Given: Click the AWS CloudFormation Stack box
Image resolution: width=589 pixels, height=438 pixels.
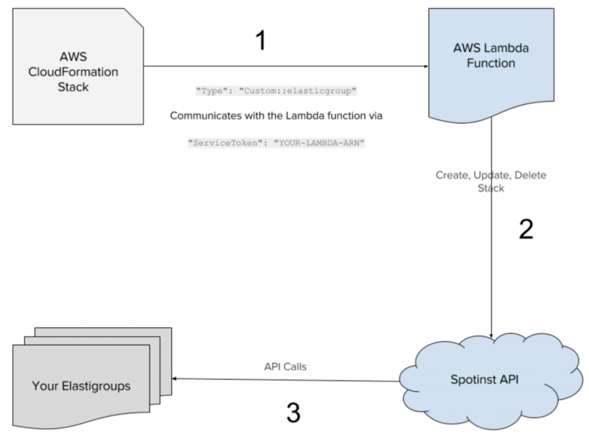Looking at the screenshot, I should [78, 66].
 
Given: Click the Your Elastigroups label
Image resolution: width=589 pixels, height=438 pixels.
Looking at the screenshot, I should [81, 386].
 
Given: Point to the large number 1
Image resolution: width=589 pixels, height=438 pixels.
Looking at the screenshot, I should [261, 41].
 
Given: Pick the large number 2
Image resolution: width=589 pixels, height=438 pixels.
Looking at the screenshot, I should [525, 228].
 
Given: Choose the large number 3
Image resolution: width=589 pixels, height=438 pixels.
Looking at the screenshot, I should [293, 413].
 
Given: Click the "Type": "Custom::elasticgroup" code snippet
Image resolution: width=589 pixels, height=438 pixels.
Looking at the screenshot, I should [277, 91].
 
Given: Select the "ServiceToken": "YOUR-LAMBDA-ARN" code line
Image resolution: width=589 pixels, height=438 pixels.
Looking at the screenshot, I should [277, 143].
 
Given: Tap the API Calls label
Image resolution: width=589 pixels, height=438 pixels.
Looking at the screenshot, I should [285, 366].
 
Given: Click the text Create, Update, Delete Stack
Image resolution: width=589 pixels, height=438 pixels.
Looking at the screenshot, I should [491, 181].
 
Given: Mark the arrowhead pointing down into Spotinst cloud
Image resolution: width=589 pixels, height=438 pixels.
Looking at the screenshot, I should [491, 336].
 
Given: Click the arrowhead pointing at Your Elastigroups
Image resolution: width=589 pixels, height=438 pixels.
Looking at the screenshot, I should [176, 378].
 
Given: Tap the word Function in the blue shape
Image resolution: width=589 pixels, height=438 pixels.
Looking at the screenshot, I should [491, 63].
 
